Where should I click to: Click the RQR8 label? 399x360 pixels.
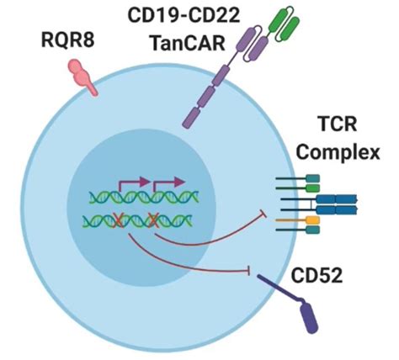coord(67,40)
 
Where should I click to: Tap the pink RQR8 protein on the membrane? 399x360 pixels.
coord(81,76)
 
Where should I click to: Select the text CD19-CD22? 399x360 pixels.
coord(184,15)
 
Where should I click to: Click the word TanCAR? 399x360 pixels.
coord(189,43)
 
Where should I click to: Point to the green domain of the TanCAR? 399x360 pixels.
coord(284,24)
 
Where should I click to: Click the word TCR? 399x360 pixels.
coord(338,124)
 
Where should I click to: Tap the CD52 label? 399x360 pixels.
coord(317,275)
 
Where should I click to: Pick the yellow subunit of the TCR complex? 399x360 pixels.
coord(313,220)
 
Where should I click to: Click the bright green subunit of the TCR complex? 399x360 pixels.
coord(312,188)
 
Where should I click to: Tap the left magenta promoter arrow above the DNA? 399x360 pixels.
coord(134,183)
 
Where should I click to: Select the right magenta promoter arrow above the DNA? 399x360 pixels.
coord(168,183)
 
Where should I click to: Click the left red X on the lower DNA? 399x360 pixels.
coord(118,220)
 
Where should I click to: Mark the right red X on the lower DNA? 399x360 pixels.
coord(153,220)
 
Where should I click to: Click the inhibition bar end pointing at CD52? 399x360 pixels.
coord(248,271)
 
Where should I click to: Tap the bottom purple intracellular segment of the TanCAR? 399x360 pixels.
coord(192,118)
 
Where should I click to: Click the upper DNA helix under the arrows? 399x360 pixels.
coord(144,198)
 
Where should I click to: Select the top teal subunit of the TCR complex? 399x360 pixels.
coord(312,178)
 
